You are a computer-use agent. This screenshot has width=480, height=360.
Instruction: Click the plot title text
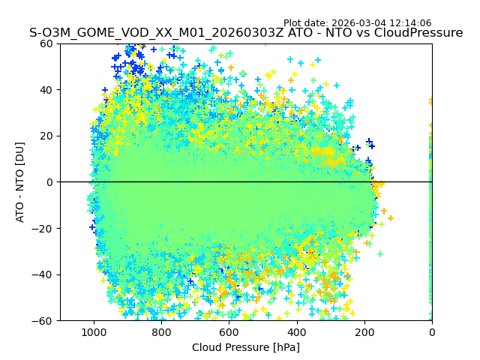coord(246,33)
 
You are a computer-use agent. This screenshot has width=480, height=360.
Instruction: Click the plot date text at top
coord(357,23)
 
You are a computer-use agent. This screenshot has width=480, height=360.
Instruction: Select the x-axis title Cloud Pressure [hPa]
coord(246,347)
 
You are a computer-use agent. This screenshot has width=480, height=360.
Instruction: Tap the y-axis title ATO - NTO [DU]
coord(20,181)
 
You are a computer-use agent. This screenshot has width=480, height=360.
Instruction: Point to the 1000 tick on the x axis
coord(94,331)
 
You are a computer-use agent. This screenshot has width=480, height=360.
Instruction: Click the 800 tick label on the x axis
coord(161,331)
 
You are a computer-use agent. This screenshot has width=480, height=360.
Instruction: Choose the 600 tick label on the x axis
coord(229,331)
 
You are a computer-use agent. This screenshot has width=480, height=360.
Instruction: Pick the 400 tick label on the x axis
coord(297,331)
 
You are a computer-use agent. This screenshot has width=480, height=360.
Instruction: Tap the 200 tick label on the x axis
coord(364,331)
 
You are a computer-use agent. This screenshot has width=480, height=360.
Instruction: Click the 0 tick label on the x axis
coord(432,331)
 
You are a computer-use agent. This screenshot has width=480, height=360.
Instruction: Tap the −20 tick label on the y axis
coord(44,228)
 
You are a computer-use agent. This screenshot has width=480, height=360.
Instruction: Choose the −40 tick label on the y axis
coord(44,274)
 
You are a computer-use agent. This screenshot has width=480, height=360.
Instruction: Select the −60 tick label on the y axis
coord(44,320)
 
